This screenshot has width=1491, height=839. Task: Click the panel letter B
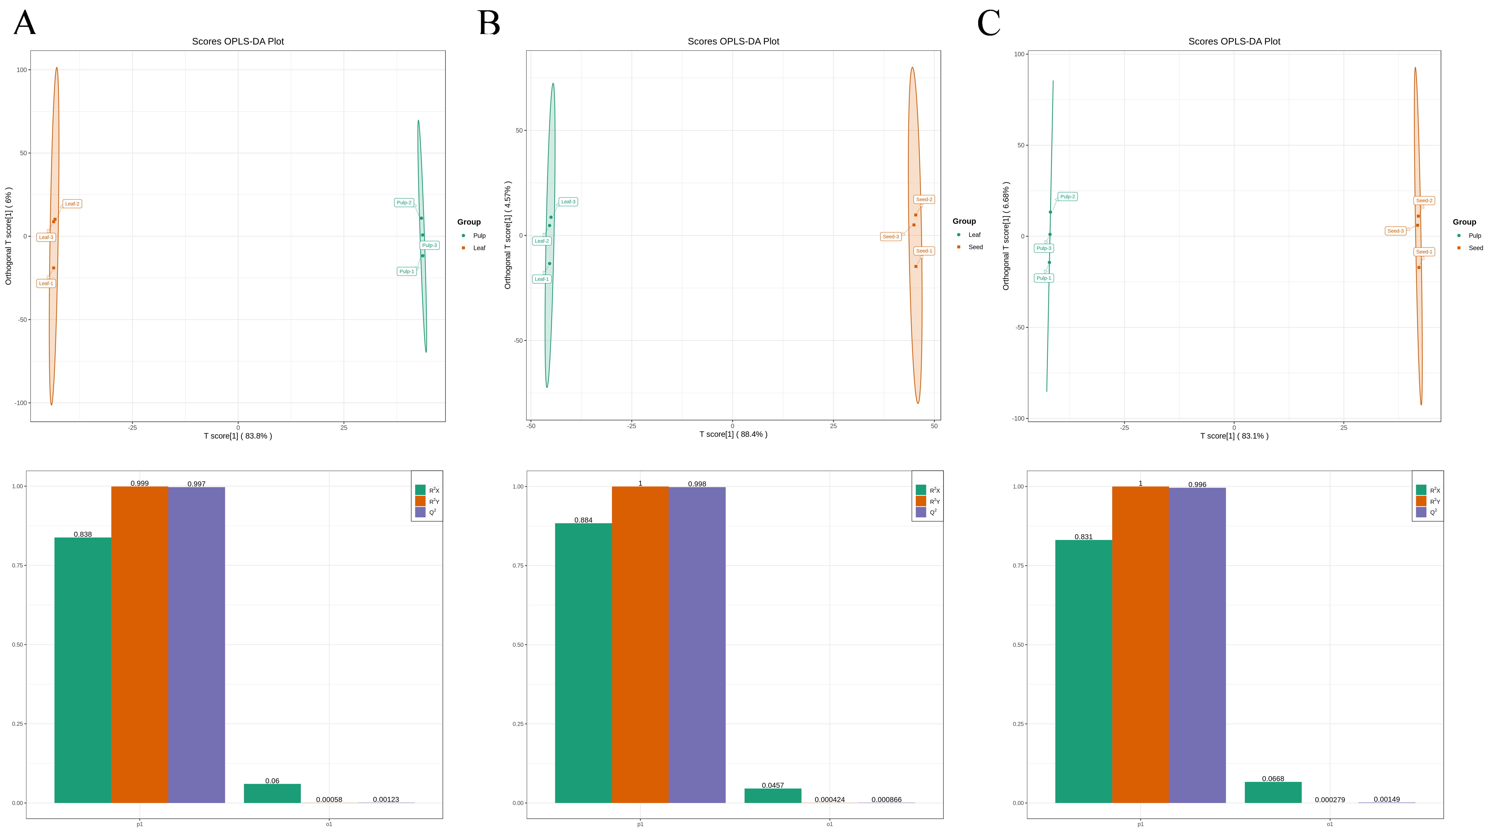click(x=489, y=24)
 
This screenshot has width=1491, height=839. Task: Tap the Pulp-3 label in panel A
click(x=430, y=245)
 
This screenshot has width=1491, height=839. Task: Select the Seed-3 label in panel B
click(x=891, y=236)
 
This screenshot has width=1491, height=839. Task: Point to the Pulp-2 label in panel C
click(x=1067, y=197)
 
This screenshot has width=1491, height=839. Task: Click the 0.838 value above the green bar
click(x=83, y=534)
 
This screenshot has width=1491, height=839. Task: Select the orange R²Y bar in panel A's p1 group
click(x=140, y=644)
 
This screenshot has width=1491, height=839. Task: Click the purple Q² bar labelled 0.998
click(x=697, y=645)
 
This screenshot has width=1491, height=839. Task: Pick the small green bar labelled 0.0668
click(x=1273, y=793)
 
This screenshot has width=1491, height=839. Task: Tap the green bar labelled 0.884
click(x=583, y=663)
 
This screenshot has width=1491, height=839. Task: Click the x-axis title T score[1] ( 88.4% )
click(x=733, y=434)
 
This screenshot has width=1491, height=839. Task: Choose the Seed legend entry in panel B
click(x=971, y=247)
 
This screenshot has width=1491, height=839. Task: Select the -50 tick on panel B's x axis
click(x=531, y=426)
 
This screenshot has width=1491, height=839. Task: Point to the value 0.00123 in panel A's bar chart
click(x=386, y=800)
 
